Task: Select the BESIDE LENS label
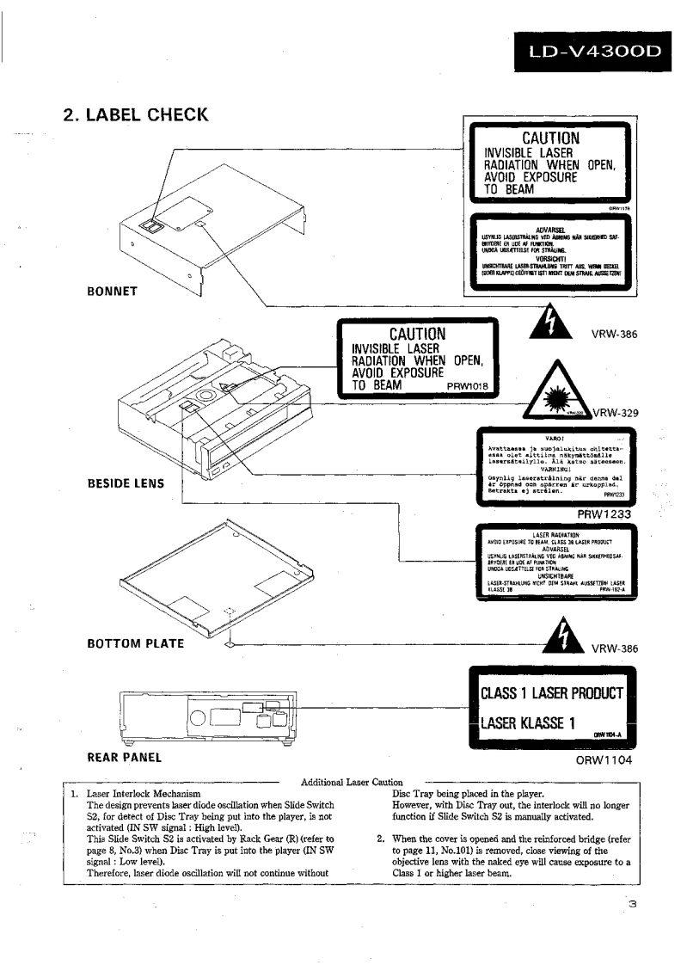pos(126,482)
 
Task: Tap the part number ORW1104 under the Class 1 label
pos(610,760)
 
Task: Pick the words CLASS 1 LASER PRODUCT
pos(550,692)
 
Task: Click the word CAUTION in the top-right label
pos(550,138)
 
